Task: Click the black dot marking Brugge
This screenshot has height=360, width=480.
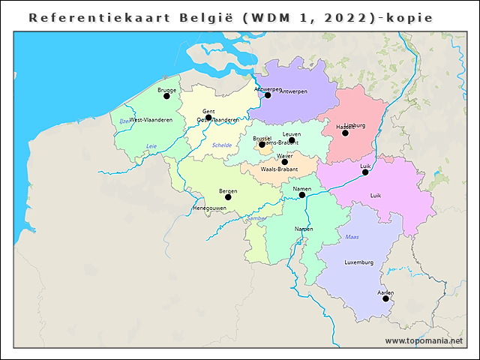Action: [166, 96]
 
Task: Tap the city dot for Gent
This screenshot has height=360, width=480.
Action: [208, 118]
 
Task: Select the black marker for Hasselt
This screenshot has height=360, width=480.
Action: [345, 133]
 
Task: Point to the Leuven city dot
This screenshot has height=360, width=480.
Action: [292, 140]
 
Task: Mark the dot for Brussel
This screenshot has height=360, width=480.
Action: [262, 145]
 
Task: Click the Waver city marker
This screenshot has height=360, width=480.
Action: [284, 162]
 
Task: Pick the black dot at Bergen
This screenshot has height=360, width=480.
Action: [228, 197]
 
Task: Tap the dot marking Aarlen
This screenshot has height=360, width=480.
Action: [385, 298]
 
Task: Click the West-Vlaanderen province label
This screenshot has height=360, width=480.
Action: [151, 120]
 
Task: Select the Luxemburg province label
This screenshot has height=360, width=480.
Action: [358, 263]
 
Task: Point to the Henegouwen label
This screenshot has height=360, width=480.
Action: [209, 208]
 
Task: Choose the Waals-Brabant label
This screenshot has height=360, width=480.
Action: [279, 170]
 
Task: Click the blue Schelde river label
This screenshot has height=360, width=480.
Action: [222, 145]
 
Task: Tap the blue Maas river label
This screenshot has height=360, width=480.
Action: [352, 237]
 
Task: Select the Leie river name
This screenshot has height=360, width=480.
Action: [151, 146]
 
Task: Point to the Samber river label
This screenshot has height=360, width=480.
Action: [256, 218]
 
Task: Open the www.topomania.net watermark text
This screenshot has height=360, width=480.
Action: [423, 341]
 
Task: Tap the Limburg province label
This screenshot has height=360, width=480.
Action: [355, 126]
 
